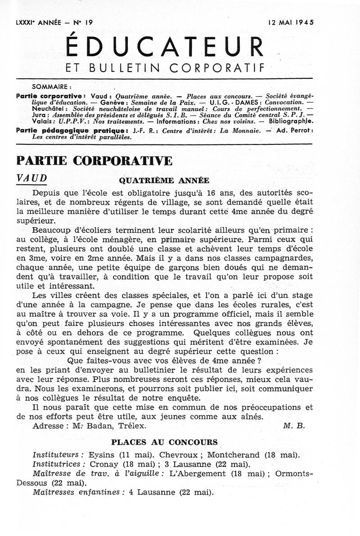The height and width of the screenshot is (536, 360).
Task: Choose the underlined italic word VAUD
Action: click(31, 177)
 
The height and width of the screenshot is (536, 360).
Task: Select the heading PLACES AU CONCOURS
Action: click(164, 442)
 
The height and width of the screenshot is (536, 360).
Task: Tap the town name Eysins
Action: click(103, 455)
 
